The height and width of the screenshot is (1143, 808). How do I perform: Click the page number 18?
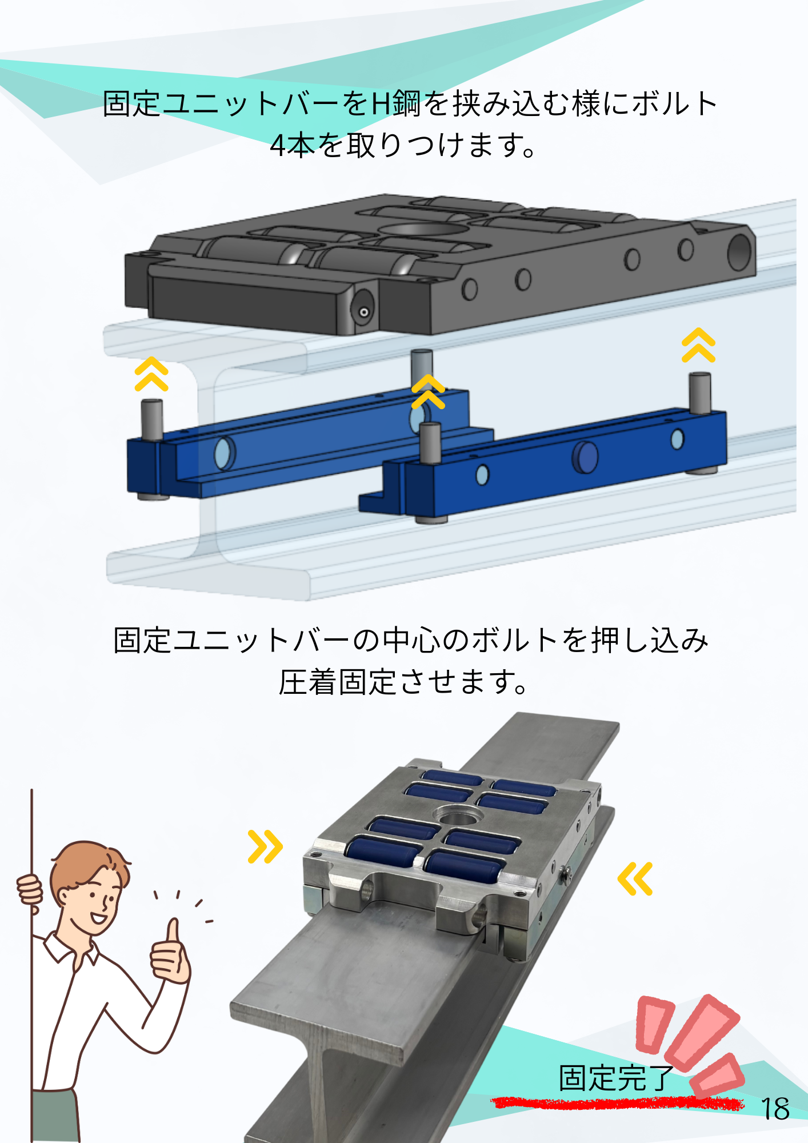click(775, 1109)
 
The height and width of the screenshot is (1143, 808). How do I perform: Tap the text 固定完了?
click(617, 1078)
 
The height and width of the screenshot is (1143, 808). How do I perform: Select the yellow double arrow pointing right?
click(265, 846)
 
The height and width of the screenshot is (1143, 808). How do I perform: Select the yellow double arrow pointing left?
click(635, 878)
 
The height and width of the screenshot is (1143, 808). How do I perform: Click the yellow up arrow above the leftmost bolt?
click(151, 374)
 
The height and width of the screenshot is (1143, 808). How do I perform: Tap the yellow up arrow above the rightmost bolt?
click(698, 345)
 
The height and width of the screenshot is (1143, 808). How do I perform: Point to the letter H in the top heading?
click(381, 104)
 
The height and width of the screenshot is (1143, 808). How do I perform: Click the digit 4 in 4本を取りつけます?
click(278, 146)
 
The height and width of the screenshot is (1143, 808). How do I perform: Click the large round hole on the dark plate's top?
click(423, 230)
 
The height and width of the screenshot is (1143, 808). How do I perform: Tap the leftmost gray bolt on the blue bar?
click(151, 419)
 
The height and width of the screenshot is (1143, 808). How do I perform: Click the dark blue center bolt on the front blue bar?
click(585, 457)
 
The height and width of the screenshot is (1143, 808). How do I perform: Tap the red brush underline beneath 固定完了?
click(617, 1103)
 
